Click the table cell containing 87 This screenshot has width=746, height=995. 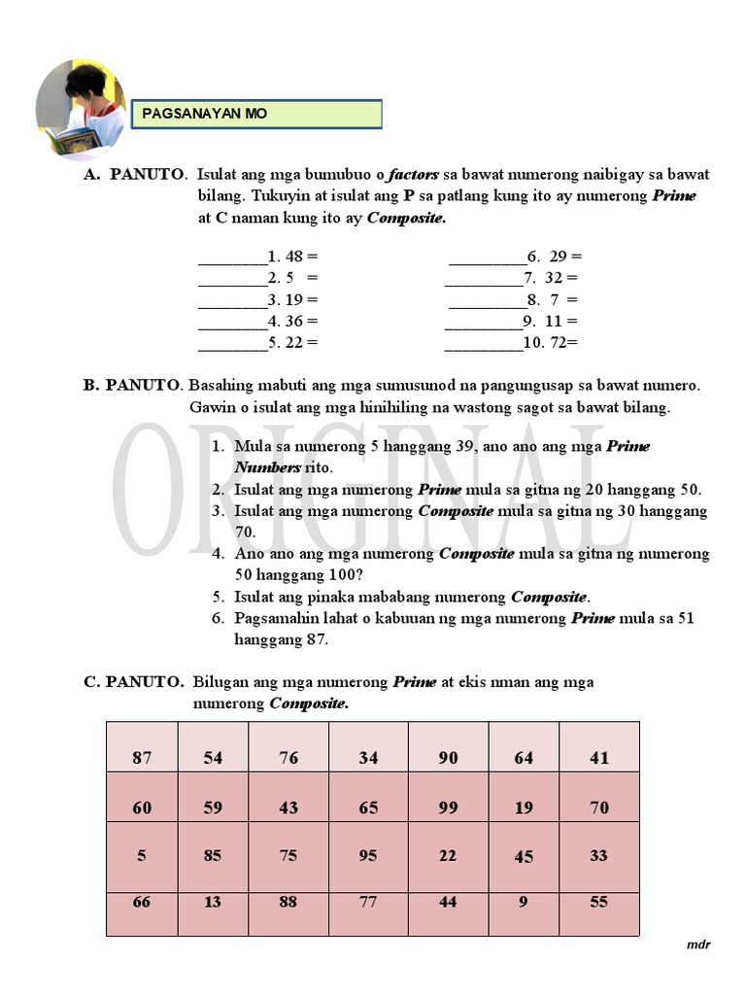(142, 757)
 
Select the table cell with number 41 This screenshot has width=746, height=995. (599, 757)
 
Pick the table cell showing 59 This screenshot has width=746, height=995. (213, 806)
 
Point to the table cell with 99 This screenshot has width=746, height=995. (448, 806)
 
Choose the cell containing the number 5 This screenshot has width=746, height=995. (142, 856)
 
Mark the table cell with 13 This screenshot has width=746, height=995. (213, 902)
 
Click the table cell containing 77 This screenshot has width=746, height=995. (368, 902)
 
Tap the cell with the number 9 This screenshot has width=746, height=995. (524, 902)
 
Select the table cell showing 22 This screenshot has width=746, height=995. (448, 856)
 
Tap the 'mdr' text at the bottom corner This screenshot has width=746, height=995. (698, 944)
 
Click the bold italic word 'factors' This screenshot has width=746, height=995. (413, 175)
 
